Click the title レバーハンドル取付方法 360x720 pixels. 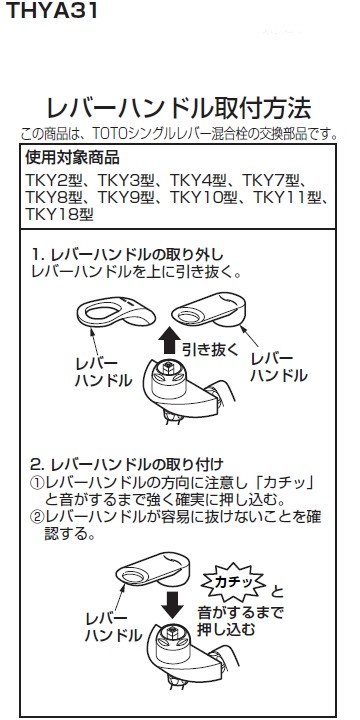click(180, 107)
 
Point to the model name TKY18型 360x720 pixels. click(61, 213)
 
